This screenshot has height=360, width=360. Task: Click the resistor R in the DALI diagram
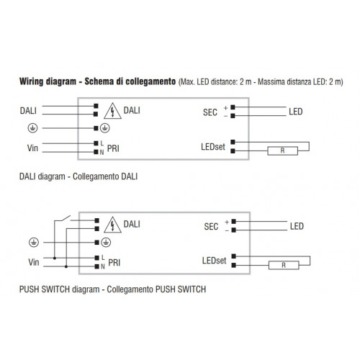click(x=283, y=151)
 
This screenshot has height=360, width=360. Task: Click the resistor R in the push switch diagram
click(x=284, y=265)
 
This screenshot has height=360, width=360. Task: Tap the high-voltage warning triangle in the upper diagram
click(x=112, y=111)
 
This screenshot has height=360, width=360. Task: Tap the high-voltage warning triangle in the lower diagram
click(x=112, y=225)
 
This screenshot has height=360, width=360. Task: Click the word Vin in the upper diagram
click(x=32, y=148)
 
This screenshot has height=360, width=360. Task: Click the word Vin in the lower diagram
click(x=34, y=262)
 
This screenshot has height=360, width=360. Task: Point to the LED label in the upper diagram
click(x=296, y=112)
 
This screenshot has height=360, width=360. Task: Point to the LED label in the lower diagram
click(x=297, y=226)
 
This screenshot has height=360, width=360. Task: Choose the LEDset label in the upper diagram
click(x=213, y=147)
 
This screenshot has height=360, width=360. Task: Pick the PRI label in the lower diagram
click(x=114, y=263)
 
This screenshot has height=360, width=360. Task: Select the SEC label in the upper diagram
click(x=210, y=112)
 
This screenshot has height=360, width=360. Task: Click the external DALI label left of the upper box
click(x=28, y=111)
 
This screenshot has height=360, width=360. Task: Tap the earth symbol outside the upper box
click(x=32, y=128)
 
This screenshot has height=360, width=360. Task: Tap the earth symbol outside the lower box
click(x=34, y=243)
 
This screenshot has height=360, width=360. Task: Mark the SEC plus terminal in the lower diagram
click(x=234, y=221)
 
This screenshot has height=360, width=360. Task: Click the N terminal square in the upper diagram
click(x=96, y=152)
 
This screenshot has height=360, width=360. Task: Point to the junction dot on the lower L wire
click(x=55, y=258)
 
